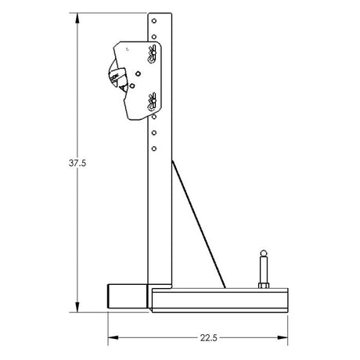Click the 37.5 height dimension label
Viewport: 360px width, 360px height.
point(66,164)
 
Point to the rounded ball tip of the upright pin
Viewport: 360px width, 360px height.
point(263,254)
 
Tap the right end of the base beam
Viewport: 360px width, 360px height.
point(288,300)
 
